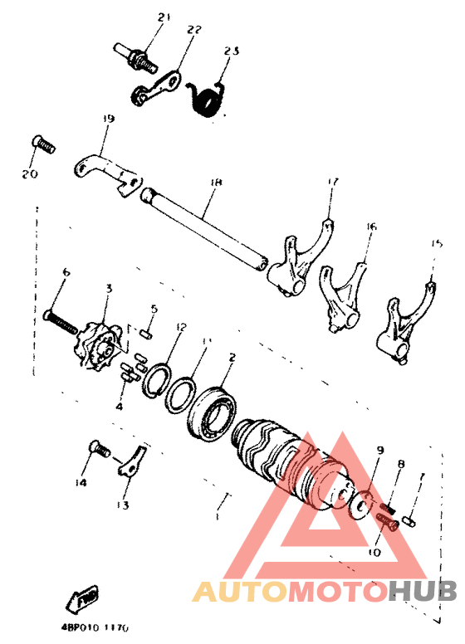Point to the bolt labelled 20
point(45,145)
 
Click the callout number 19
point(106,120)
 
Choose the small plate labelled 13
point(133,461)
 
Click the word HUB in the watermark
point(423,591)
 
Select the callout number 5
point(154,309)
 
